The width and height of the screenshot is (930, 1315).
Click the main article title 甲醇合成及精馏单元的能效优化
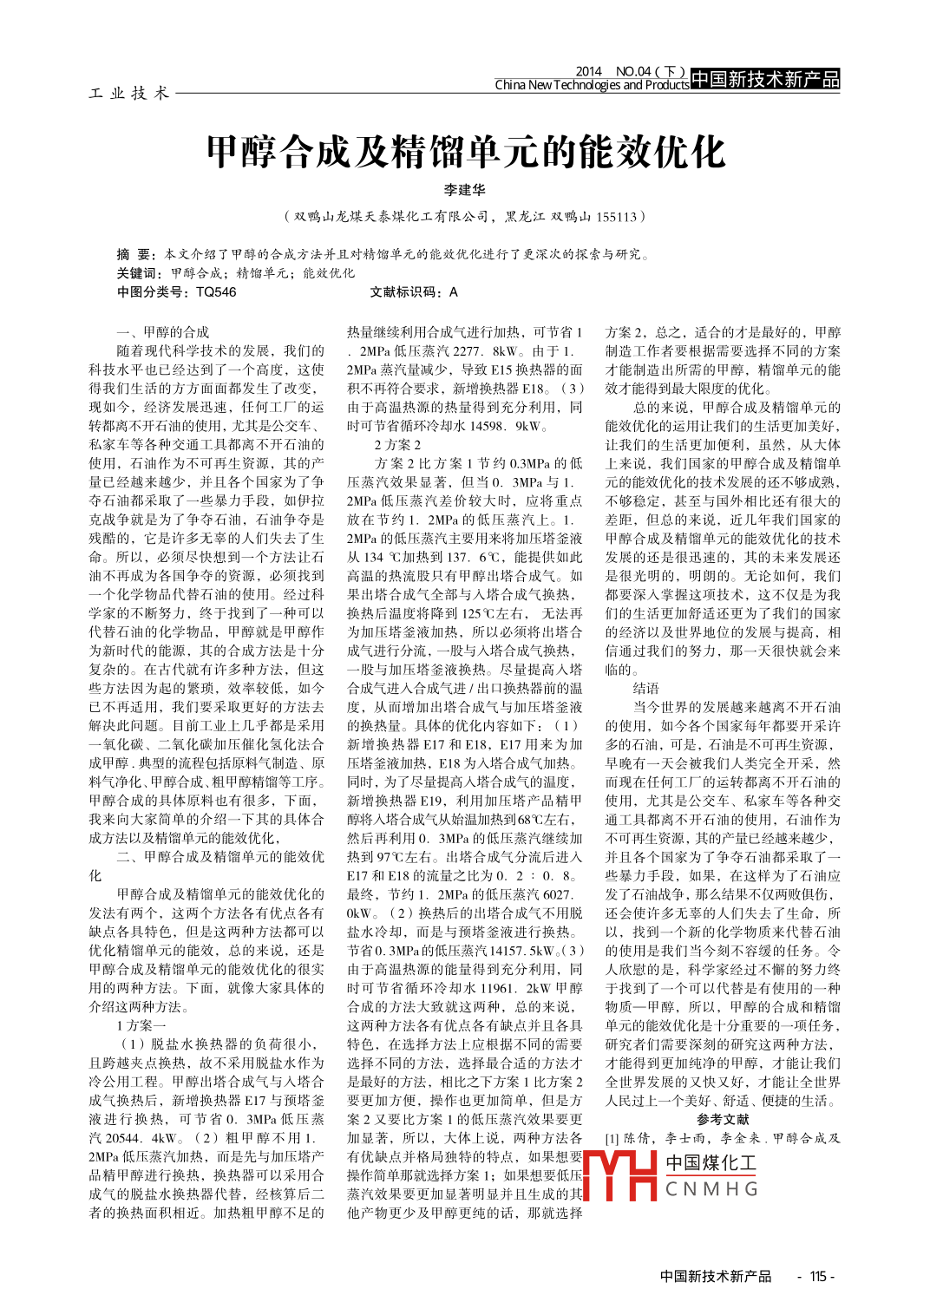(x=465, y=153)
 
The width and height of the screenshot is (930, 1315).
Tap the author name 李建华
(x=465, y=190)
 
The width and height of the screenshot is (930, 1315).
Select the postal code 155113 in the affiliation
(x=616, y=217)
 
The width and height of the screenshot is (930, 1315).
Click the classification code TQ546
(x=216, y=292)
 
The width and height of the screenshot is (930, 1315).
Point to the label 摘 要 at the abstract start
(x=134, y=254)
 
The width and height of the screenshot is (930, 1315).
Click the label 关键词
(x=138, y=273)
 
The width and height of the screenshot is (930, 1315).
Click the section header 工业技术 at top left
(x=128, y=93)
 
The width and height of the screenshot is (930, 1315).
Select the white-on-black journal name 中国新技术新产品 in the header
(x=765, y=80)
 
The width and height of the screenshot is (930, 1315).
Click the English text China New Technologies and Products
(x=592, y=85)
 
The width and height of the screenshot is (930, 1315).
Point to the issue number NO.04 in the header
(x=633, y=71)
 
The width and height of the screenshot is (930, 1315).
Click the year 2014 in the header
(x=588, y=71)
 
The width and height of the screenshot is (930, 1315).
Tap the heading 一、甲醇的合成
(x=163, y=332)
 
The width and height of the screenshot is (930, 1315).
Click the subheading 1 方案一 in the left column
(x=141, y=1025)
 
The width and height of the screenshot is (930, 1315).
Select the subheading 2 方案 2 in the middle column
(x=397, y=445)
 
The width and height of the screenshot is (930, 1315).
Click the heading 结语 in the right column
(x=645, y=688)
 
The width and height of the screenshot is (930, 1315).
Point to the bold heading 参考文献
(x=723, y=1119)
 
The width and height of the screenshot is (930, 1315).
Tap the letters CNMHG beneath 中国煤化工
(x=711, y=1189)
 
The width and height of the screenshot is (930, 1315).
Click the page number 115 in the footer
(x=817, y=1276)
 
